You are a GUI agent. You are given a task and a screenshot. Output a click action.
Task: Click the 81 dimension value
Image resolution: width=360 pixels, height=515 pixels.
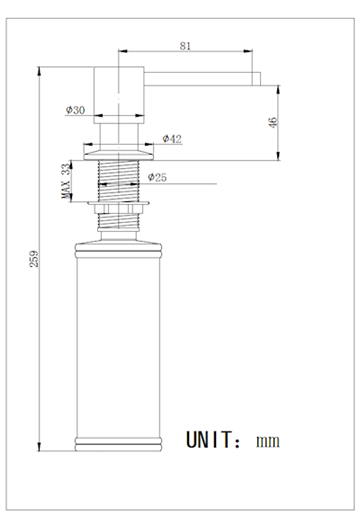point(185,46)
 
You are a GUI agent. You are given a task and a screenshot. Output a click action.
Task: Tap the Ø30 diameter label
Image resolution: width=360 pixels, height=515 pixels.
point(75,110)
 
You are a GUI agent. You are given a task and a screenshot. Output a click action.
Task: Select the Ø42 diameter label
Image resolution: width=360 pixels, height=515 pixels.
point(172,139)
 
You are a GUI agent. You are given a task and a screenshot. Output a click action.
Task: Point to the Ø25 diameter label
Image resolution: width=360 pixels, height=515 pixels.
point(157,177)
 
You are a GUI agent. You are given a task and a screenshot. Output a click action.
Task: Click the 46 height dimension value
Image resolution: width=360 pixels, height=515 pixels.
point(273,123)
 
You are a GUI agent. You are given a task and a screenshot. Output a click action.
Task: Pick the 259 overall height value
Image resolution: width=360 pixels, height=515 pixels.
point(34,259)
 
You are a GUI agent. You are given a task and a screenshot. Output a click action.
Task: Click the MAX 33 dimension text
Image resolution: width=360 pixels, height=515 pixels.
point(66,181)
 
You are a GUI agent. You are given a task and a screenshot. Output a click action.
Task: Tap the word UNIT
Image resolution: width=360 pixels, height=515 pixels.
point(209,440)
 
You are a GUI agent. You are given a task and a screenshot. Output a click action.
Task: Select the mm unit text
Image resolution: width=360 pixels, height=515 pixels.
point(268,442)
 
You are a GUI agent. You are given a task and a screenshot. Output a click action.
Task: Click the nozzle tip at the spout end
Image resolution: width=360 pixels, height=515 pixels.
point(256,79)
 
